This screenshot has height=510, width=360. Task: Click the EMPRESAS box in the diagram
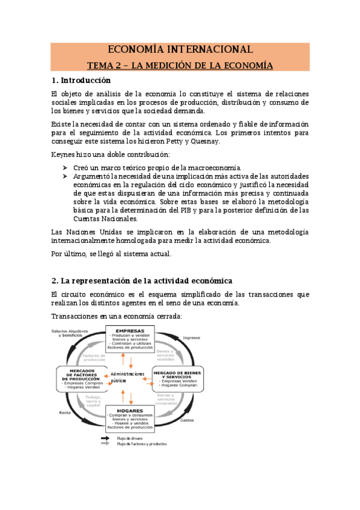[130, 339]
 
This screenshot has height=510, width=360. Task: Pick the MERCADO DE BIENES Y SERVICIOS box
[180, 378]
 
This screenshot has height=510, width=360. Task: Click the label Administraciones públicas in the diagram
[127, 377]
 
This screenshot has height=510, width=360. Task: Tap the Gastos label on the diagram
[187, 420]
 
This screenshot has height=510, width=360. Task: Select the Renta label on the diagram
[65, 413]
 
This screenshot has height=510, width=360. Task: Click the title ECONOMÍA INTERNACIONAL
[180, 49]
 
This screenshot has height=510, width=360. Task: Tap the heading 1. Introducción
[81, 80]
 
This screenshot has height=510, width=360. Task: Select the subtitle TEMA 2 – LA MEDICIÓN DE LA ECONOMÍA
[180, 65]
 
